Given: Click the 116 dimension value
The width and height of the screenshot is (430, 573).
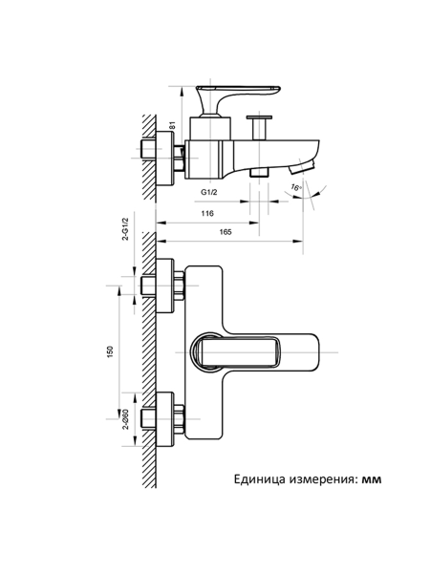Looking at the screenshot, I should click(x=207, y=214).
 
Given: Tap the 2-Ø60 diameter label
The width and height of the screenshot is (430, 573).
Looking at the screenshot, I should click(x=125, y=418).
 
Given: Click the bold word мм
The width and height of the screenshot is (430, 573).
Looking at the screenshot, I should click(x=371, y=479).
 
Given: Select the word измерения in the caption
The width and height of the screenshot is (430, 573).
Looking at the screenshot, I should click(x=323, y=479).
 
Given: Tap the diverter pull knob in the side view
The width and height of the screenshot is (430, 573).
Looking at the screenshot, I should click(x=259, y=125).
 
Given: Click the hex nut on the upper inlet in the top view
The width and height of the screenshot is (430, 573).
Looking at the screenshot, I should click(x=177, y=286).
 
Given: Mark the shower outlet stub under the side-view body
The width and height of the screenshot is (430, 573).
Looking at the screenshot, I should click(x=259, y=172).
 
